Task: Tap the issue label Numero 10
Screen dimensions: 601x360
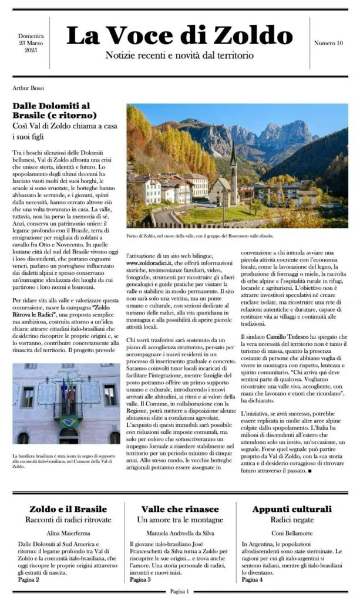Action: click(x=328, y=43)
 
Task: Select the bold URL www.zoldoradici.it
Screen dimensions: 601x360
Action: click(x=155, y=264)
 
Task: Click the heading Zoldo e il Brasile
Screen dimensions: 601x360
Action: click(x=65, y=509)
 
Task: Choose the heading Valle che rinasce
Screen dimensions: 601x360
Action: click(x=180, y=509)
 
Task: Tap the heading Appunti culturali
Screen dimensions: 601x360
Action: click(x=291, y=509)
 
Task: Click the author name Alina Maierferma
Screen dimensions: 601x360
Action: click(x=65, y=533)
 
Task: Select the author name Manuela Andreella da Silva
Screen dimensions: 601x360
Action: click(x=180, y=533)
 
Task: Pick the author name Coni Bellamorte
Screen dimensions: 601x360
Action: click(x=291, y=533)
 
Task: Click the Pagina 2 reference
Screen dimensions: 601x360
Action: click(x=29, y=579)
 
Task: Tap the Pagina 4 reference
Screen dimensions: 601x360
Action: click(x=253, y=579)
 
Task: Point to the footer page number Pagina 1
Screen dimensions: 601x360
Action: click(x=180, y=592)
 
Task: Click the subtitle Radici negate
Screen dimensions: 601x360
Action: click(x=291, y=520)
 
